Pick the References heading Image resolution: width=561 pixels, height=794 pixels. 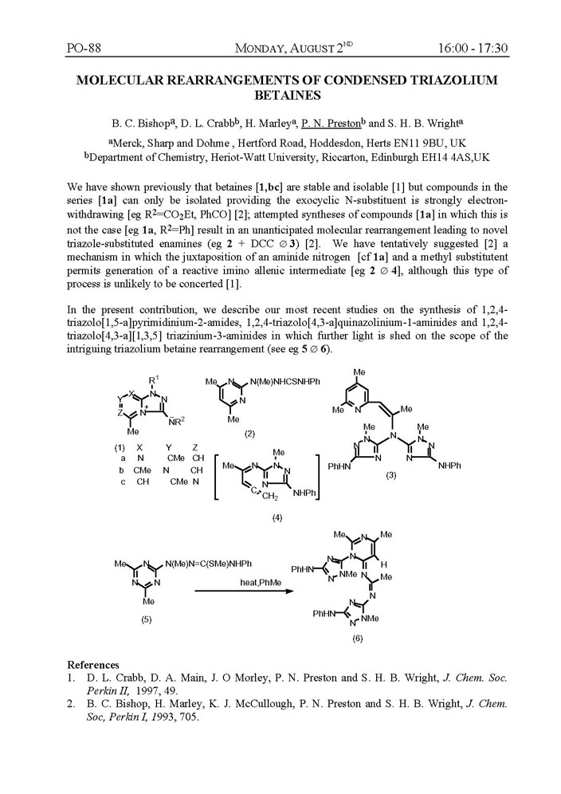[x=93, y=665]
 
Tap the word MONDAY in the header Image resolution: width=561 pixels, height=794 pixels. [x=273, y=49]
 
